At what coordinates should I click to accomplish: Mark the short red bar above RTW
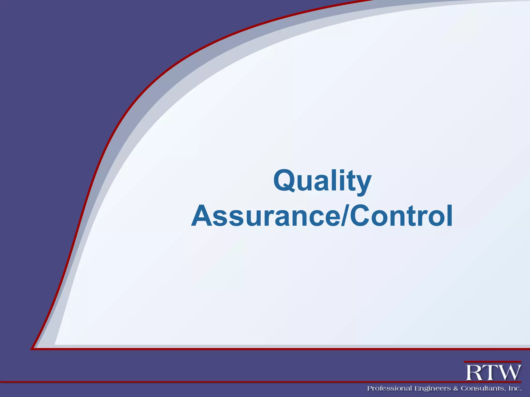[492, 362]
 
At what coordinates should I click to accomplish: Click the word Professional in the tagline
[389, 388]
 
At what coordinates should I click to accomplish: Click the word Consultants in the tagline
[483, 388]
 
